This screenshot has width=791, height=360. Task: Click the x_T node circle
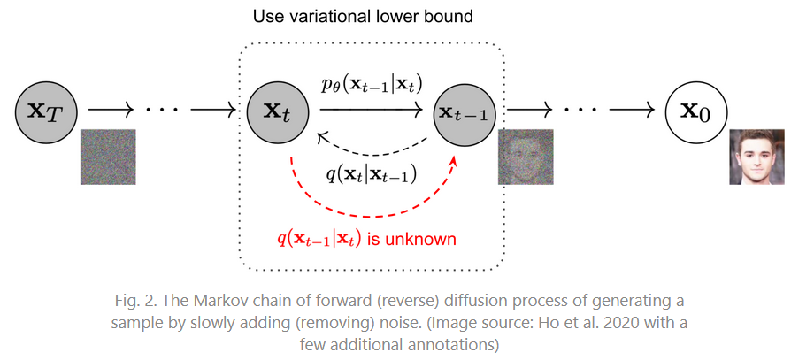coord(46,111)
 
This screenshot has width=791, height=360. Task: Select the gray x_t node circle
coord(279,111)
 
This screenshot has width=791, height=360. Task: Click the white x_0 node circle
coord(697,111)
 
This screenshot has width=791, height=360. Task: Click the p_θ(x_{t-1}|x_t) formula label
coord(371,87)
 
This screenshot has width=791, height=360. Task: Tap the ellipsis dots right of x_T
coord(162,111)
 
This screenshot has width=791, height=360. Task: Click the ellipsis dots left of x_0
coord(581,111)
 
